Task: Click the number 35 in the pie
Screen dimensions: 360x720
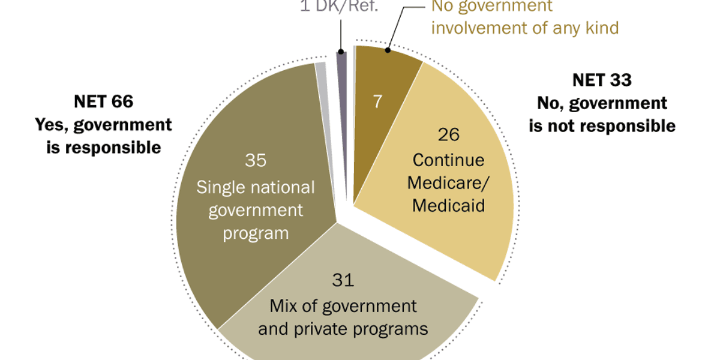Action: [x=255, y=161]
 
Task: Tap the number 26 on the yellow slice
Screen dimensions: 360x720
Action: [x=449, y=134]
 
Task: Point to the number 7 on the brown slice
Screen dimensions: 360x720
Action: [x=378, y=101]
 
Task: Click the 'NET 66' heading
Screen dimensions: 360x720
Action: [x=103, y=101]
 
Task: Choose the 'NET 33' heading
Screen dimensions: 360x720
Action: [x=601, y=80]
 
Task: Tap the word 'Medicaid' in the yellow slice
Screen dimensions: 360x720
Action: [x=449, y=205]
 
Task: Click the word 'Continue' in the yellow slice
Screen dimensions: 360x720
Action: [x=449, y=160]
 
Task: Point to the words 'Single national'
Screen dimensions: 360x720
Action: [x=256, y=187]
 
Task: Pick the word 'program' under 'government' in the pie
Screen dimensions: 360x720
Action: [x=256, y=233]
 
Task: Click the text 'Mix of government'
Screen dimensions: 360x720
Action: [x=343, y=305]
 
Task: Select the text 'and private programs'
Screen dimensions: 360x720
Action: [x=343, y=329]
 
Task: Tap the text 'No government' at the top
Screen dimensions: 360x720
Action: [x=491, y=7]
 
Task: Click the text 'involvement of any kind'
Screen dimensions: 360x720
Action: [x=524, y=28]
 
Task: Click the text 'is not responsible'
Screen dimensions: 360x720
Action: [x=601, y=126]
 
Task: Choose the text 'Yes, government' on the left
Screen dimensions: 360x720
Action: [x=103, y=125]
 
